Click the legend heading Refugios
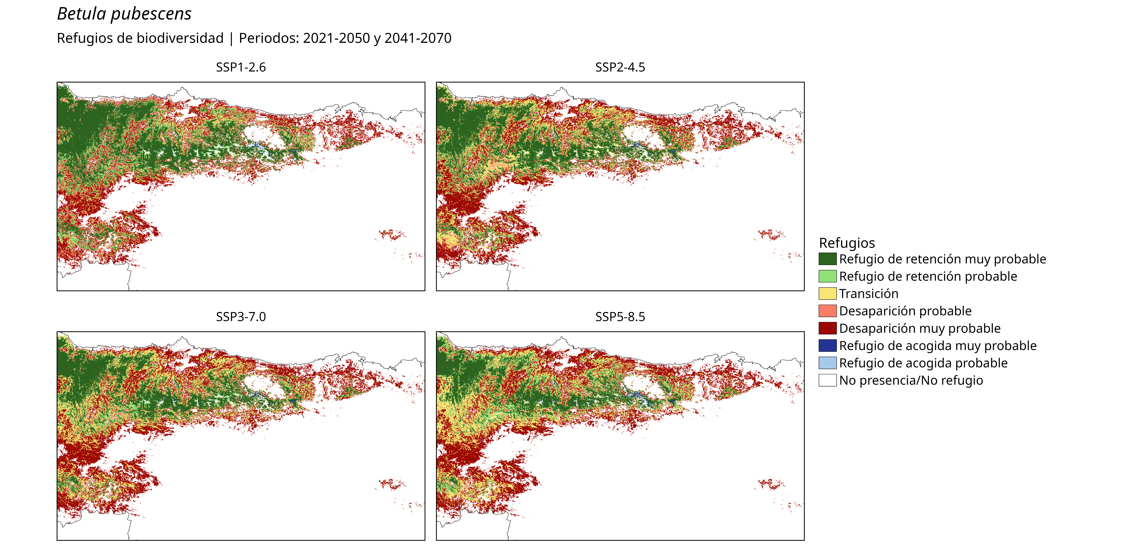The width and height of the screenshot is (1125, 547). pyautogui.click(x=847, y=243)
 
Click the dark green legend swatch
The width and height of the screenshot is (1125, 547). pyautogui.click(x=828, y=259)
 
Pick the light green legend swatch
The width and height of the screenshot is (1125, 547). pyautogui.click(x=828, y=276)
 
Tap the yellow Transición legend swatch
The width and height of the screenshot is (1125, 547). pyautogui.click(x=828, y=293)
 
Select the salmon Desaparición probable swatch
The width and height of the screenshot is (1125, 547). pyautogui.click(x=828, y=311)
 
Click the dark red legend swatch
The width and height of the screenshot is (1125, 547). pyautogui.click(x=828, y=328)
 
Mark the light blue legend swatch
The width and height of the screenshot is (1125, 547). pyautogui.click(x=828, y=363)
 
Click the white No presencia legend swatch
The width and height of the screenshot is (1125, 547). pyautogui.click(x=828, y=380)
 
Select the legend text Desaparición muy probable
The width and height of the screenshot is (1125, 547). pyautogui.click(x=920, y=328)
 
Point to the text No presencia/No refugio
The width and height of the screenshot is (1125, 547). pyautogui.click(x=911, y=380)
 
